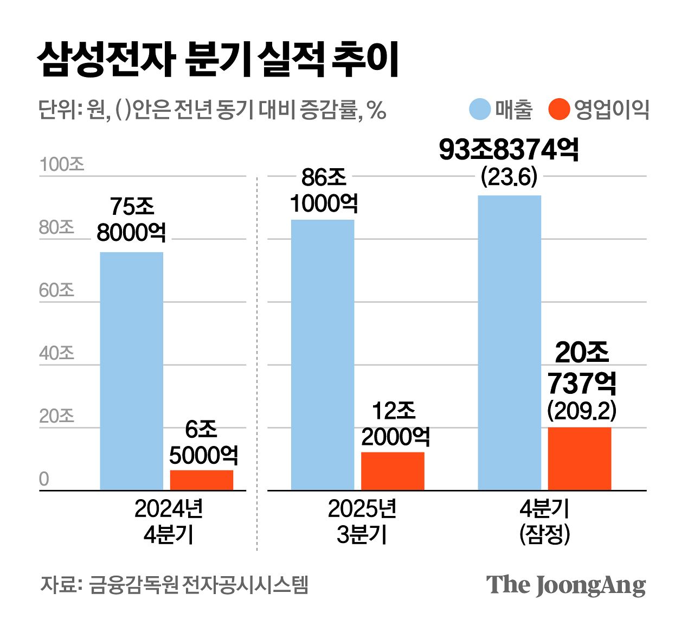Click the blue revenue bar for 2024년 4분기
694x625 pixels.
click(x=131, y=371)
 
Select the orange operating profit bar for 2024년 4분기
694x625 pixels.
click(x=201, y=480)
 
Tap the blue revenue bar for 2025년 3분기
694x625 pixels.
click(x=323, y=355)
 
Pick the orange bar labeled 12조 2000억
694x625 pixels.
click(x=393, y=471)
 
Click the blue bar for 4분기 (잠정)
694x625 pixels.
click(x=509, y=343)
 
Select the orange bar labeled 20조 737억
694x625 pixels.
click(x=579, y=459)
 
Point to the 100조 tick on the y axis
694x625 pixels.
click(x=62, y=164)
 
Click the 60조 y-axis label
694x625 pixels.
click(x=56, y=290)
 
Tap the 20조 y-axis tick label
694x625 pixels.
click(x=56, y=416)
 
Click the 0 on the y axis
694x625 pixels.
click(x=44, y=479)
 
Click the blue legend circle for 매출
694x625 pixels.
click(x=480, y=109)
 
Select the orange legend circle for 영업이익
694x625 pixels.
click(x=559, y=109)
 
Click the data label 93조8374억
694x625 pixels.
click(x=509, y=150)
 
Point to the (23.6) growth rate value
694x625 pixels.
click(x=509, y=177)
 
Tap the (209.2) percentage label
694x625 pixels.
click(x=582, y=411)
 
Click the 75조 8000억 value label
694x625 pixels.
click(x=131, y=219)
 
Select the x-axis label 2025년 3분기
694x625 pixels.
click(x=362, y=521)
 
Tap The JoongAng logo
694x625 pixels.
click(x=566, y=585)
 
